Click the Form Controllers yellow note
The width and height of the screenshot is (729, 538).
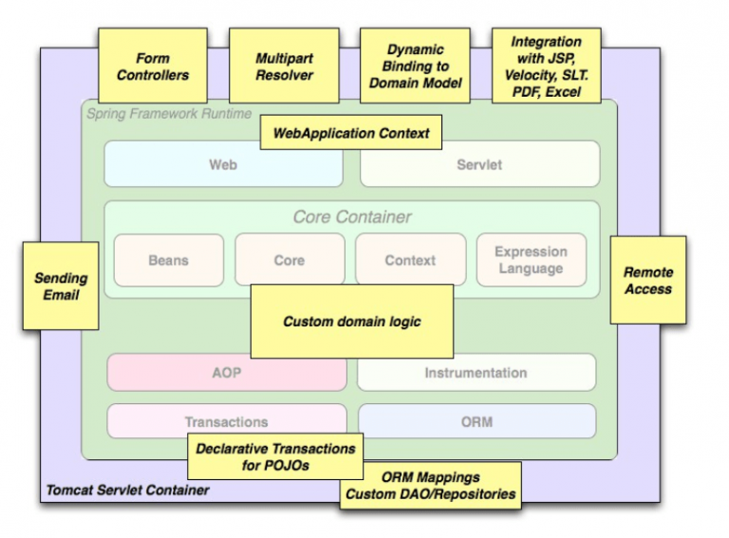153,65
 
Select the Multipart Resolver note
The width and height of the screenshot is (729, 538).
284,65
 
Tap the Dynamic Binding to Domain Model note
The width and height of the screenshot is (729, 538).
415,65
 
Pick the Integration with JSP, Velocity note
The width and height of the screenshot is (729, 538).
546,65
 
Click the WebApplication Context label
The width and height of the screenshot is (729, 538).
351,134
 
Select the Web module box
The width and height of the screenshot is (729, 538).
223,164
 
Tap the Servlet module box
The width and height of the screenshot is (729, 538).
479,164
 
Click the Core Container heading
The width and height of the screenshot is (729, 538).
352,217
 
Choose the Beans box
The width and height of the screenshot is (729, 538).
169,260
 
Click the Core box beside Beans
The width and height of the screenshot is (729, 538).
290,260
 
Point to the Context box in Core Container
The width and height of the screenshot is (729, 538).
410,260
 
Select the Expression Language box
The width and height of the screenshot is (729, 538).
531,260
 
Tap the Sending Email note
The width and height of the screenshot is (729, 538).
61,286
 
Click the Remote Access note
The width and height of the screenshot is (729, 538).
647,281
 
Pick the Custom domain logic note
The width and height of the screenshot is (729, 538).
351,322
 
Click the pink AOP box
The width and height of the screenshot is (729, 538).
226,373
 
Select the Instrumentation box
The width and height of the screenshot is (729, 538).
476,373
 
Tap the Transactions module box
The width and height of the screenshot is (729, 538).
226,421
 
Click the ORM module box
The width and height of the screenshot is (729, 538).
477,421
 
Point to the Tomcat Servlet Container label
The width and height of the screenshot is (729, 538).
127,491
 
